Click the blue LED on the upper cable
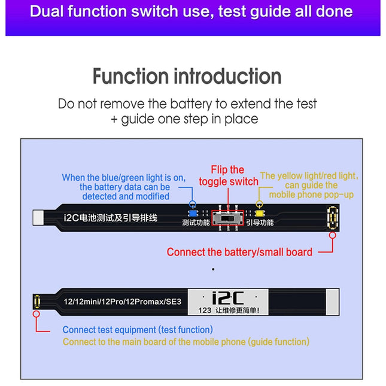pos(193,212)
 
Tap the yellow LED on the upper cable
pos(260,212)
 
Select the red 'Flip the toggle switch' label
pos(228,175)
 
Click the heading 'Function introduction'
pos(187,77)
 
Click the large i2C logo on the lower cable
pos(228,297)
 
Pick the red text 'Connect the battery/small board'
pos(239,252)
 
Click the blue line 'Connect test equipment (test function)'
pos(138,330)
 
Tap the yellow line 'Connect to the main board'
pos(186,342)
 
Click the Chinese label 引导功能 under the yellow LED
pos(260,223)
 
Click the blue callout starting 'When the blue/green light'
pos(124,187)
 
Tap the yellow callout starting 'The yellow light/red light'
pos(311,185)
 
